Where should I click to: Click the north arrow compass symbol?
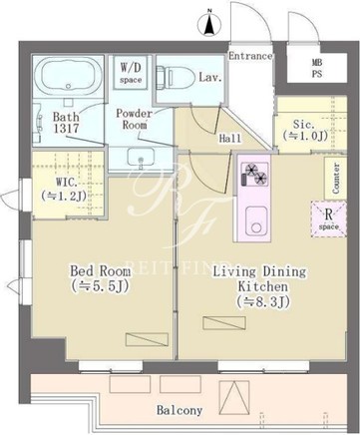tap(209, 24)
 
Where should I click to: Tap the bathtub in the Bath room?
tap(69, 76)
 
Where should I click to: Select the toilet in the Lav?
tap(177, 77)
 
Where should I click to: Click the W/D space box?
tap(131, 73)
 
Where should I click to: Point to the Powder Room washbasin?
tap(141, 158)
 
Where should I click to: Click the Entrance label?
tap(250, 56)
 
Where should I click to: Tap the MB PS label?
tap(316, 68)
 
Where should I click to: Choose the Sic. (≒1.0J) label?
tap(304, 130)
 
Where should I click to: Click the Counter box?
tap(335, 178)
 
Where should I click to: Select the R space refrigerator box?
tap(329, 219)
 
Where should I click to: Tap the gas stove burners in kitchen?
tap(255, 174)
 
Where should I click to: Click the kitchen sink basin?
tap(256, 220)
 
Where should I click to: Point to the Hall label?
tap(230, 138)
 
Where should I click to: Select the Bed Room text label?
tap(100, 271)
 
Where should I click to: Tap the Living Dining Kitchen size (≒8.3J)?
tap(258, 301)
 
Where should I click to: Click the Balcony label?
tap(180, 410)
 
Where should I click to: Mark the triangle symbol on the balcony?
tap(234, 397)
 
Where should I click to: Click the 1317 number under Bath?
tap(67, 128)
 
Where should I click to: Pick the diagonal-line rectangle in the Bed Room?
tap(147, 339)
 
